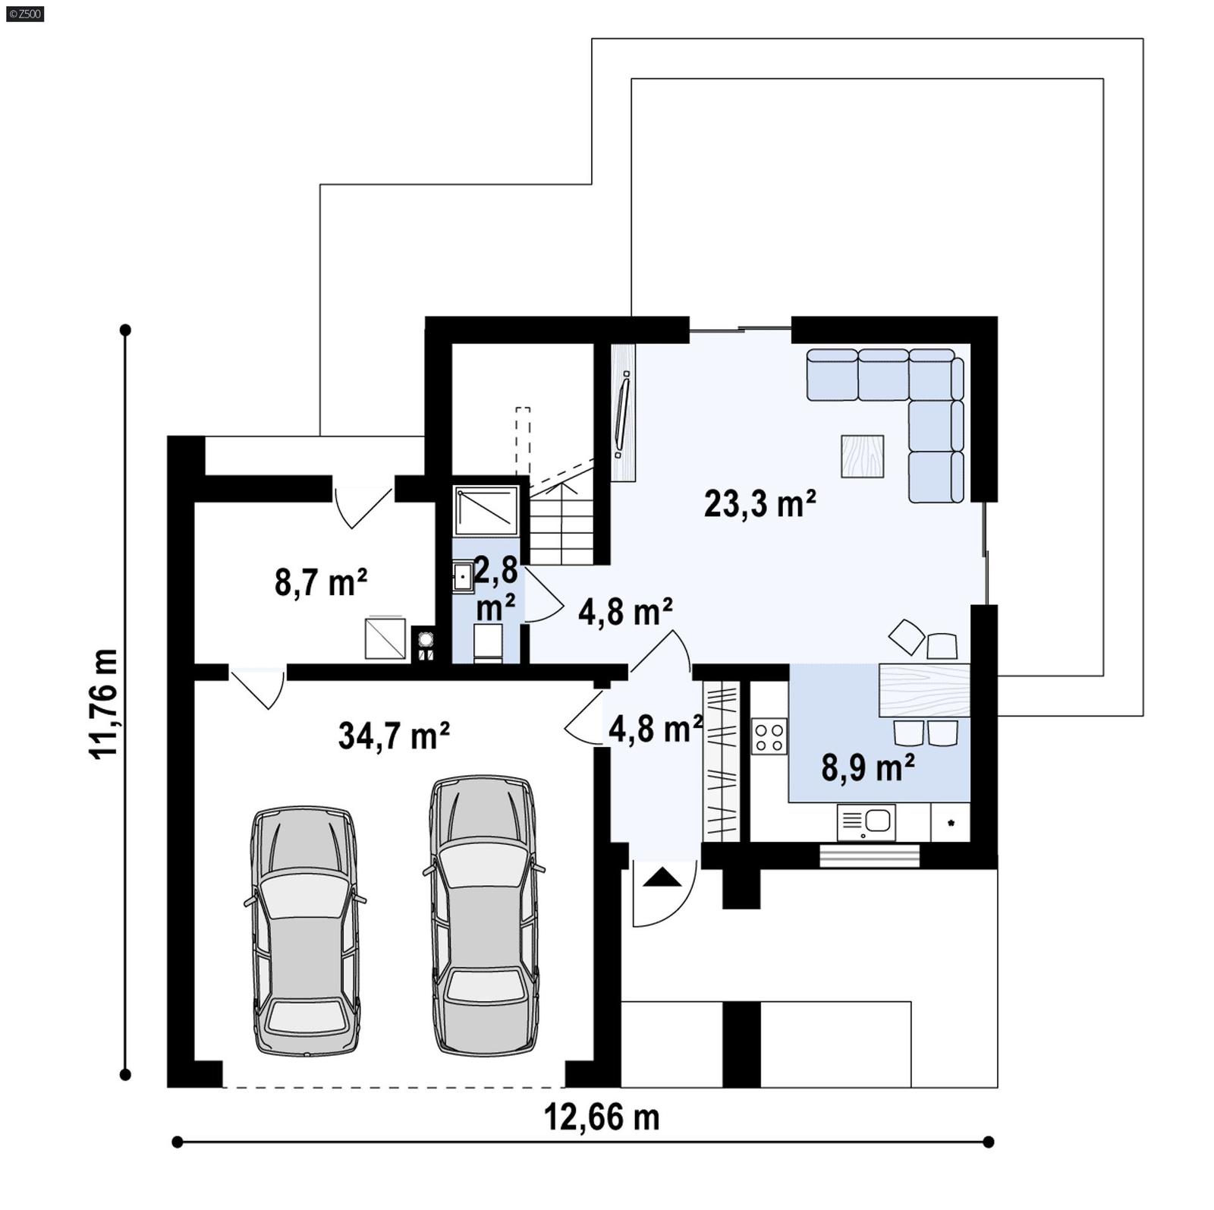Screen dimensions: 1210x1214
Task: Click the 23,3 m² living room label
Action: click(760, 504)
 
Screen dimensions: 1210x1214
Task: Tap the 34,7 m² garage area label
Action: click(394, 736)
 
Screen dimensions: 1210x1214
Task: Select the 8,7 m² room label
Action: click(321, 583)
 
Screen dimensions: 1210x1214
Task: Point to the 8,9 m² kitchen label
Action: click(867, 767)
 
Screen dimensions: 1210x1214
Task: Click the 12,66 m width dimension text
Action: click(602, 1117)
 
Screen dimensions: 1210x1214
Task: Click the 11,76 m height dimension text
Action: click(105, 703)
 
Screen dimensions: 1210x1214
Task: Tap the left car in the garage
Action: click(304, 931)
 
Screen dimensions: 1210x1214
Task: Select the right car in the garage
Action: click(483, 915)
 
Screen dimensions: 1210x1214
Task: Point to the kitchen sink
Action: click(866, 822)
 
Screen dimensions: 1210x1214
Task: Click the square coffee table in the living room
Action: click(862, 456)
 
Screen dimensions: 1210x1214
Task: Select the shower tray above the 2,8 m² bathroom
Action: click(486, 510)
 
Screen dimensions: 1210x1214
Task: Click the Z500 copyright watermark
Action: click(24, 13)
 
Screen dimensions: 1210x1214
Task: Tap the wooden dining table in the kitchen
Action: click(923, 690)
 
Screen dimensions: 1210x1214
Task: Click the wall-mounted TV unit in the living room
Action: click(623, 414)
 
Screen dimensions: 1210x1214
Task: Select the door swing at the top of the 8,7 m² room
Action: click(363, 506)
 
